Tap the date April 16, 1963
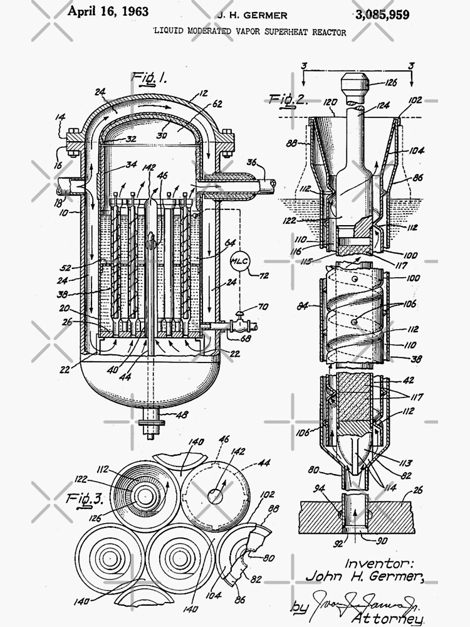[108, 11]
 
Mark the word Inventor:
[377, 562]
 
